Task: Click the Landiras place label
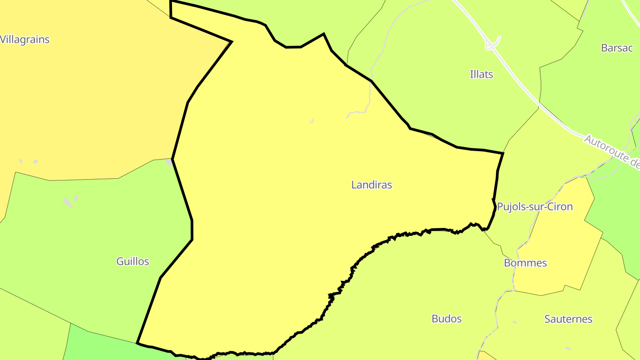pyautogui.click(x=372, y=185)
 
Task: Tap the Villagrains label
pyautogui.click(x=25, y=40)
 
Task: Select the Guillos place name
pyautogui.click(x=132, y=261)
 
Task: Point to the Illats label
pyautogui.click(x=481, y=74)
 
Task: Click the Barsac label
pyautogui.click(x=616, y=48)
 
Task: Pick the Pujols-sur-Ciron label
pyautogui.click(x=535, y=207)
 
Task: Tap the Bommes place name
pyautogui.click(x=525, y=263)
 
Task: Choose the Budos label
pyautogui.click(x=446, y=319)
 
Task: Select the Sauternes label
pyautogui.click(x=568, y=319)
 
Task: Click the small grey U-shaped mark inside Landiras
pyautogui.click(x=312, y=120)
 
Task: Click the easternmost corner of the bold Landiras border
pyautogui.click(x=503, y=153)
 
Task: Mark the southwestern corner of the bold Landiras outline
pyautogui.click(x=138, y=343)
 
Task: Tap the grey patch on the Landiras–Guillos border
pyautogui.click(x=169, y=163)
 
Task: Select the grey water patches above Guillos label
pyautogui.click(x=69, y=202)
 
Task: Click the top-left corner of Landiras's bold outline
pyautogui.click(x=171, y=1)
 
